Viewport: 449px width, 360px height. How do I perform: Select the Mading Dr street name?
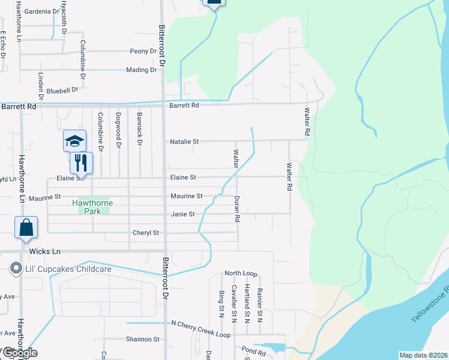[141, 70]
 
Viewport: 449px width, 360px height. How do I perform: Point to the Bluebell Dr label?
[62, 91]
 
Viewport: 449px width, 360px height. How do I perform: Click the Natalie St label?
[184, 142]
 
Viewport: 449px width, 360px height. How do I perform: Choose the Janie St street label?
[183, 214]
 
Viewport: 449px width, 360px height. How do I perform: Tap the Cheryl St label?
[146, 233]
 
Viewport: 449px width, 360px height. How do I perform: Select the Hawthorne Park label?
[92, 207]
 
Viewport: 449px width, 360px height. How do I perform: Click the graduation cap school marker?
[75, 141]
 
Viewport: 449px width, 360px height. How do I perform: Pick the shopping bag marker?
[26, 227]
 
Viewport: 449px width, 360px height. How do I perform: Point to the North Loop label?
[241, 274]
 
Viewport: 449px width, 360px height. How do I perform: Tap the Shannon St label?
[142, 339]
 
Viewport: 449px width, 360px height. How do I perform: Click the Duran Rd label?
[237, 209]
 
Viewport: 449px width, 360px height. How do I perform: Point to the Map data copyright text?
[423, 355]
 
